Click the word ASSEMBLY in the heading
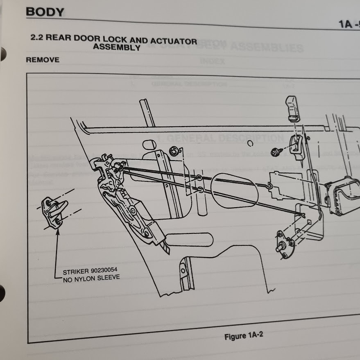click(x=117, y=48)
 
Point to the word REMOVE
click(x=43, y=60)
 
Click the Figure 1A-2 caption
click(x=244, y=336)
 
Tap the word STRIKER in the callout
click(x=76, y=272)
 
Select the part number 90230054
click(x=106, y=272)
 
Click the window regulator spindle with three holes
click(x=285, y=245)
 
